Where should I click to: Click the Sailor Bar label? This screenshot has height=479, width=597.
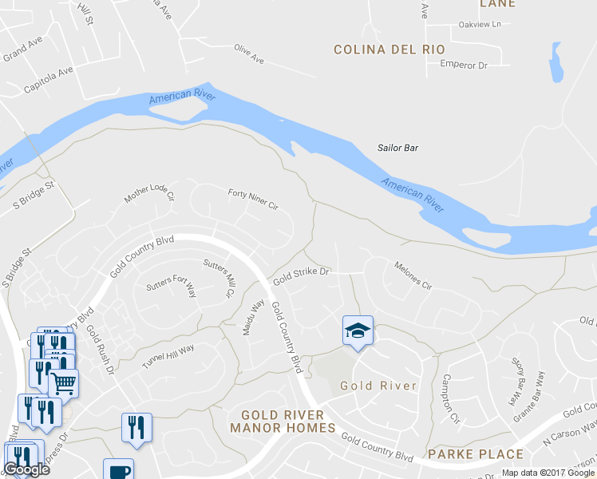pyautogui.click(x=397, y=148)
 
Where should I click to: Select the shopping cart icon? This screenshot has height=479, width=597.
pyautogui.click(x=64, y=382)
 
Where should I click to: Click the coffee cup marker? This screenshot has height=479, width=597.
pyautogui.click(x=118, y=469)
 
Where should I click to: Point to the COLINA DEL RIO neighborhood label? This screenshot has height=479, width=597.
pyautogui.click(x=389, y=49)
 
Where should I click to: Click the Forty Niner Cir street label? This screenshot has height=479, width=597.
pyautogui.click(x=252, y=199)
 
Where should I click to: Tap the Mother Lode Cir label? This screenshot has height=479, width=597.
pyautogui.click(x=149, y=193)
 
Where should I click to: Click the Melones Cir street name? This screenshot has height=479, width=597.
pyautogui.click(x=413, y=275)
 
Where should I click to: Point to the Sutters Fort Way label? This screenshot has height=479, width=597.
pyautogui.click(x=171, y=287)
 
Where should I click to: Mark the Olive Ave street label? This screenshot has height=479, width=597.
pyautogui.click(x=248, y=53)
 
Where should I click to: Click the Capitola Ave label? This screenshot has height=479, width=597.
pyautogui.click(x=48, y=80)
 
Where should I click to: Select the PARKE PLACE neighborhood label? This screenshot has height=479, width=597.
pyautogui.click(x=476, y=454)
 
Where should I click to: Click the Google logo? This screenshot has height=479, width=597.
pyautogui.click(x=26, y=469)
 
